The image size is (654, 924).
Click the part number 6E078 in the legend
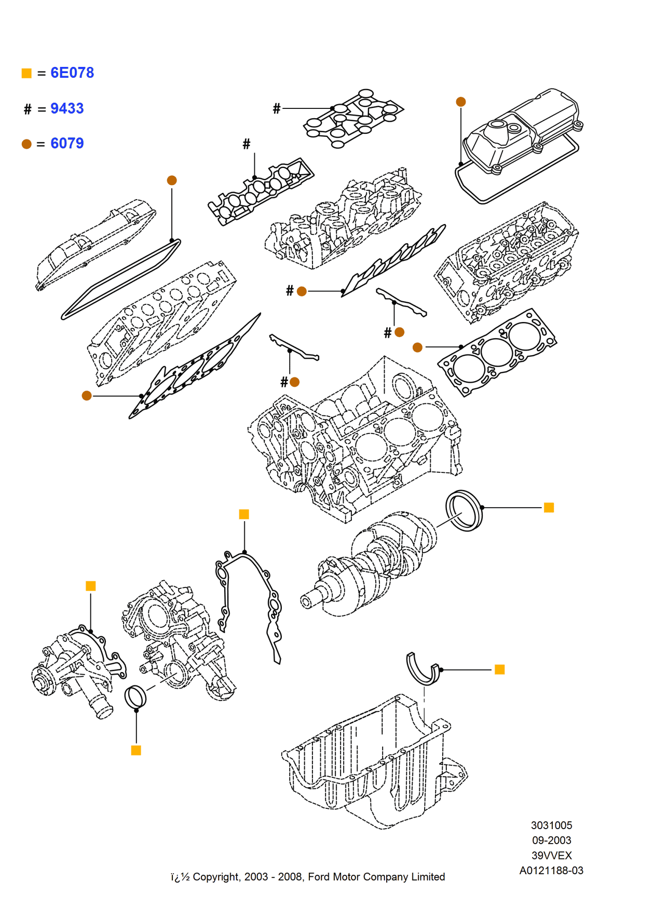(72, 73)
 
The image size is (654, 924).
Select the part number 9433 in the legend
(67, 108)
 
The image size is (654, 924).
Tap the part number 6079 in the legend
(67, 143)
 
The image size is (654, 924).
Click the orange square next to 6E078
(26, 73)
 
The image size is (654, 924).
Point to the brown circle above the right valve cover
(460, 102)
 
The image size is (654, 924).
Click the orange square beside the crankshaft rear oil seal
(549, 507)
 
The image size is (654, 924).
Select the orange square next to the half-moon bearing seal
(499, 669)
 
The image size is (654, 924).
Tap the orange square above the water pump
(90, 586)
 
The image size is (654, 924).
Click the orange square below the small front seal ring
(136, 750)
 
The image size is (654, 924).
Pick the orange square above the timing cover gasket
(244, 514)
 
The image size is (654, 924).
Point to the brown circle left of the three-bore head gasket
(417, 347)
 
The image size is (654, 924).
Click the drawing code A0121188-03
(551, 871)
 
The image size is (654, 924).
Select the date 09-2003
(551, 840)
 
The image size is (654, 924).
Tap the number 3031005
(551, 825)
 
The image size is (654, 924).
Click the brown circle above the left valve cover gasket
(172, 180)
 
